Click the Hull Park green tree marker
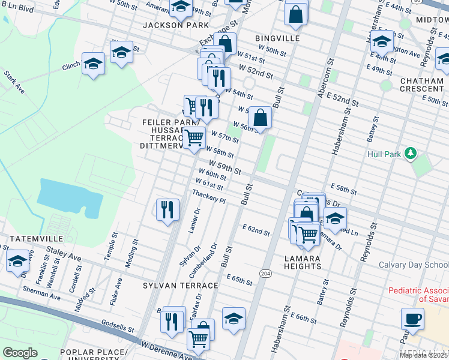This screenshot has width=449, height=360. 411,154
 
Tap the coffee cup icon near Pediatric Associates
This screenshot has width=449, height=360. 412,317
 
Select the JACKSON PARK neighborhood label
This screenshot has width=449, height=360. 176,25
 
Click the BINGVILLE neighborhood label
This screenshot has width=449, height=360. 277,38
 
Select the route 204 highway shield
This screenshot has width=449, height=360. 265,273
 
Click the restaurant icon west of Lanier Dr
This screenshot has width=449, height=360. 167,209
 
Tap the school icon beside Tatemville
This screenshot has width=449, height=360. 18,262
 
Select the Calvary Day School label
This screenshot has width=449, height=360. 414,265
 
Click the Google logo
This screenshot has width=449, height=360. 20,352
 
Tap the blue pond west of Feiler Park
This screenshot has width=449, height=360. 64,197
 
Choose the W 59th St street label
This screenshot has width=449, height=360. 225,166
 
